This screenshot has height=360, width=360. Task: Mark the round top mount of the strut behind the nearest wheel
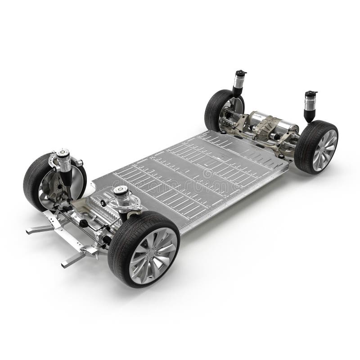[x=121, y=191]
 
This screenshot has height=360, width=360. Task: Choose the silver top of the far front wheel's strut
[x=63, y=153]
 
